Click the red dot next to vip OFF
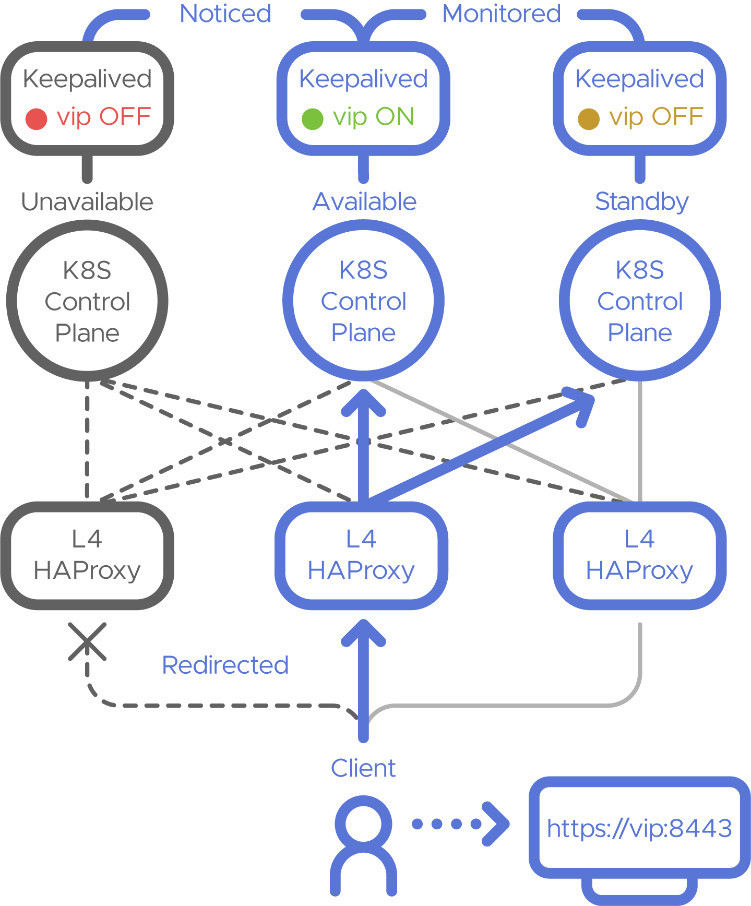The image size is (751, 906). [x=37, y=118]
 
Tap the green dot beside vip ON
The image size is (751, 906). [x=313, y=118]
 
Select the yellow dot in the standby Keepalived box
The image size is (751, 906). [x=588, y=118]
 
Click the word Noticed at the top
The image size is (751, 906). [x=225, y=14]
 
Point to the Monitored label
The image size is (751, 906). [x=501, y=14]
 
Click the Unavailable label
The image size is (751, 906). [x=87, y=202]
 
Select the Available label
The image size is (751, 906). [x=364, y=202]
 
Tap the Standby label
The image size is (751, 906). [x=641, y=202]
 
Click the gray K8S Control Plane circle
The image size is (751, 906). [x=87, y=301]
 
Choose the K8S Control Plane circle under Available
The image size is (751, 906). [x=364, y=301]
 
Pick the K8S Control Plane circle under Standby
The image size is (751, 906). [x=640, y=301]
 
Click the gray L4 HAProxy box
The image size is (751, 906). [x=87, y=555]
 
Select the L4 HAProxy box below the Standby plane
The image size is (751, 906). [x=640, y=555]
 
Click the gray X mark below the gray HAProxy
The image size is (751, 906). [x=87, y=641]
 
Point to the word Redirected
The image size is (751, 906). [x=225, y=665]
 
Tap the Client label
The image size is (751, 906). [x=363, y=769]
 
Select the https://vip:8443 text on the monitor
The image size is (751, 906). [x=639, y=828]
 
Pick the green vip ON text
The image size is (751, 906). [x=374, y=117]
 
